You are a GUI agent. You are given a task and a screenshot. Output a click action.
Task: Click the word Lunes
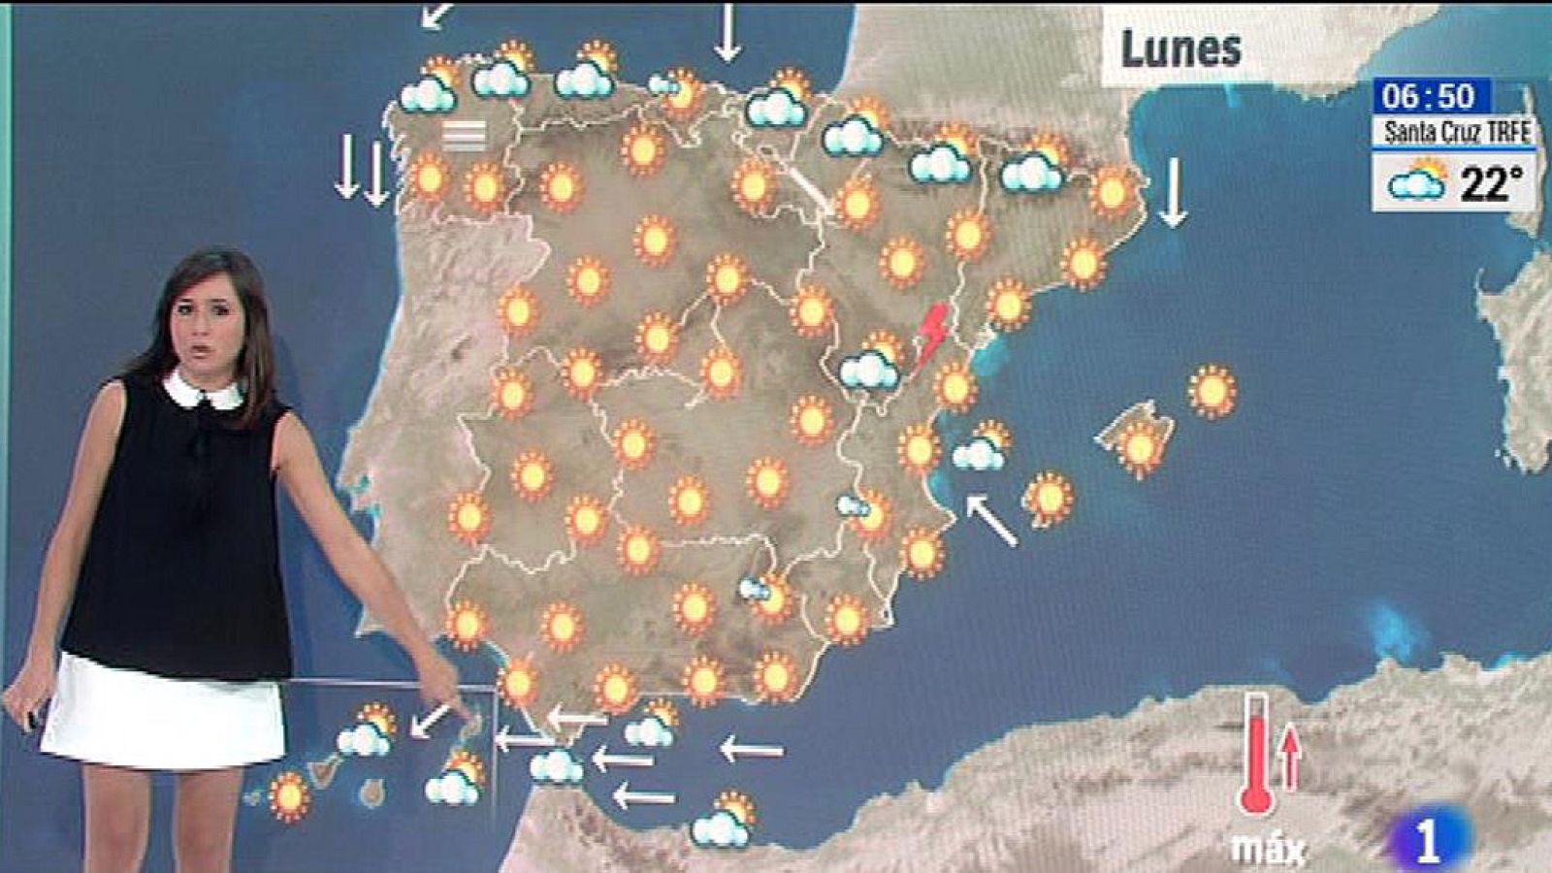1180,48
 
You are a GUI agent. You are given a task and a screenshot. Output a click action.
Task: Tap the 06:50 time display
1429,96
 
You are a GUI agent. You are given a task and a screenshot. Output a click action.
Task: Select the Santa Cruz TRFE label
1456,131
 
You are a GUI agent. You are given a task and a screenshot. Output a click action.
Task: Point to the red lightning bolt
933,333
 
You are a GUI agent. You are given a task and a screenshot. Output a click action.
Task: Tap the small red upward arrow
1290,757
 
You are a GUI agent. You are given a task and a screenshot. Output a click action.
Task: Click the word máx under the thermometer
1267,849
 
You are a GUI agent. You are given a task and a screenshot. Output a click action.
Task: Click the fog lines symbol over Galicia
464,136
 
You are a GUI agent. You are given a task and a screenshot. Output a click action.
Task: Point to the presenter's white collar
203,390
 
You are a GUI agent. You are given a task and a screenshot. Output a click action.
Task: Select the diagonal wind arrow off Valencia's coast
991,520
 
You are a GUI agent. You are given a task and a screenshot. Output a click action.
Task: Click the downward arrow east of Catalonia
1174,192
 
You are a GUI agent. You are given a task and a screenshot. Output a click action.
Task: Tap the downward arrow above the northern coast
727,31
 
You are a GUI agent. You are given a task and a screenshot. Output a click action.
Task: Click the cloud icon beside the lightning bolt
871,364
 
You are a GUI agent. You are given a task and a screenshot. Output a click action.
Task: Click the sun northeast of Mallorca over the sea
1212,391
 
